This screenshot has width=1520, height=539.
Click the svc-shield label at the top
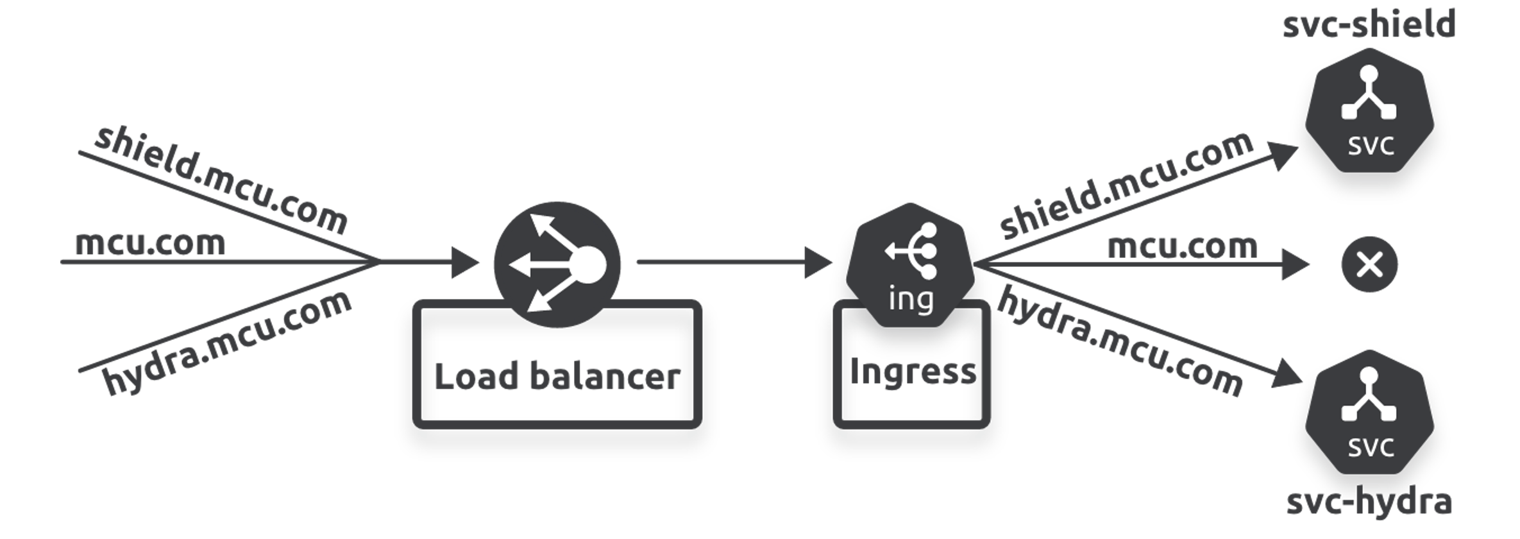click(x=1369, y=24)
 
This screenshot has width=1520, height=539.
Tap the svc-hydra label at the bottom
click(x=1369, y=502)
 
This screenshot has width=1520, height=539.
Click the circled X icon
click(x=1369, y=264)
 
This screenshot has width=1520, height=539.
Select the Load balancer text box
click(x=557, y=376)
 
